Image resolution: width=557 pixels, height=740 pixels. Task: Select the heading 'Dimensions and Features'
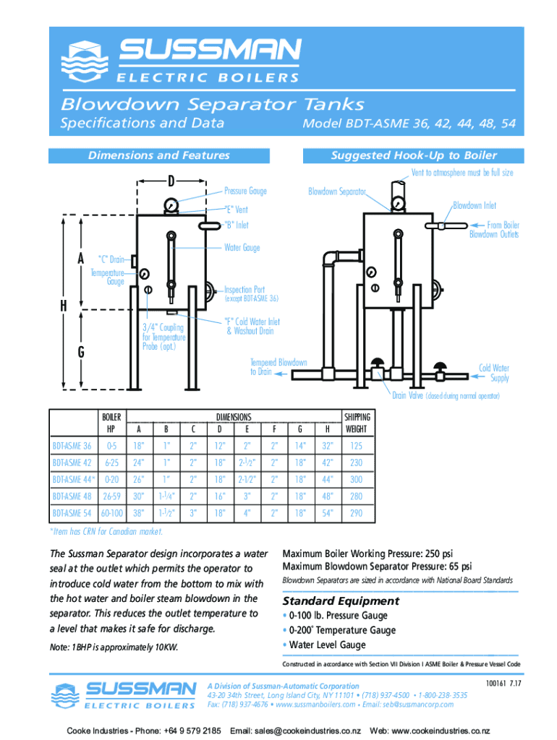158,155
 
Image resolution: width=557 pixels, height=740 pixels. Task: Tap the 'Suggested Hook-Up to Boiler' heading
414,155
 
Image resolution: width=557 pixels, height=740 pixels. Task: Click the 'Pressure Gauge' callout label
245,192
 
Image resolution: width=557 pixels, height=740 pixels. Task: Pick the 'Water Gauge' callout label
242,248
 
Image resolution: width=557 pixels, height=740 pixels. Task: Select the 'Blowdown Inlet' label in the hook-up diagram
475,205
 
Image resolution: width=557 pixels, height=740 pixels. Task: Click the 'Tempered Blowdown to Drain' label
278,366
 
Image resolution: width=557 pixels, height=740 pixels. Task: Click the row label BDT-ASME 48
72,496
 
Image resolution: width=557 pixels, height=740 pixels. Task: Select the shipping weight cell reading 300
356,479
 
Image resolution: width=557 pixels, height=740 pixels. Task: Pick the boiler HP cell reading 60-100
111,514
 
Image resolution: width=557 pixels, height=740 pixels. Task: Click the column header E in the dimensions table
247,429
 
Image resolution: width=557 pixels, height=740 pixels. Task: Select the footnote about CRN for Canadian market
106,532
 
